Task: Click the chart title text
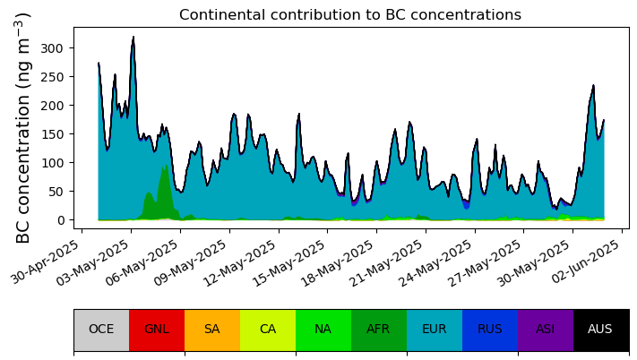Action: pyautogui.click(x=349, y=14)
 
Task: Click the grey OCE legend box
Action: pyautogui.click(x=101, y=330)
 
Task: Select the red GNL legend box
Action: pyautogui.click(x=157, y=330)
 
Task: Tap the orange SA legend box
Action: pyautogui.click(x=212, y=330)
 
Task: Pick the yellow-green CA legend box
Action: pyautogui.click(x=268, y=330)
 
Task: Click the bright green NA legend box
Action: pyautogui.click(x=323, y=330)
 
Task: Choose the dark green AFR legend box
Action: pyautogui.click(x=379, y=330)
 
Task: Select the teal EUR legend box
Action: pyautogui.click(x=435, y=330)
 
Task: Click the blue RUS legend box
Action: pyautogui.click(x=490, y=330)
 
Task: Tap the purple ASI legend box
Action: pyautogui.click(x=546, y=330)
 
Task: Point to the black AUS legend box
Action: pyautogui.click(x=601, y=330)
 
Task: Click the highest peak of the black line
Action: pyautogui.click(x=133, y=37)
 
